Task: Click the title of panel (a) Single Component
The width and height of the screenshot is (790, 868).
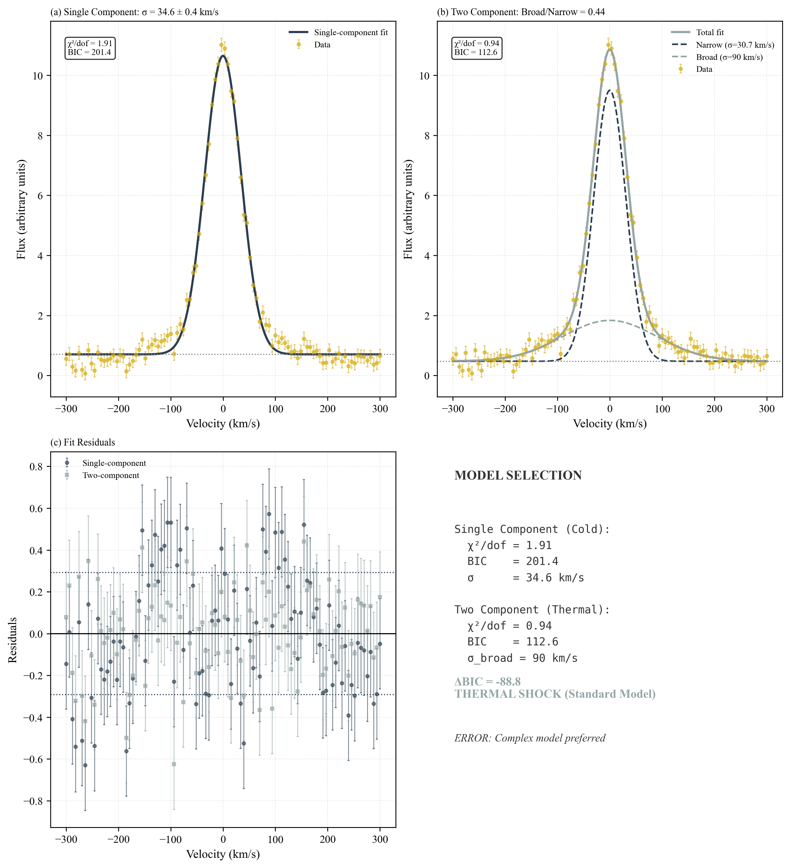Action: tap(134, 12)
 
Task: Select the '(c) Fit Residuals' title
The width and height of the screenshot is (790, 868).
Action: tap(83, 443)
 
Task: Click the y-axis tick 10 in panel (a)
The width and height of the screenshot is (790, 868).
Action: tap(38, 76)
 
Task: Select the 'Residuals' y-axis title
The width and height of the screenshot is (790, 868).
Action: tap(13, 640)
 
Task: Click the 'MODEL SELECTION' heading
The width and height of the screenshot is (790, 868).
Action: tap(518, 475)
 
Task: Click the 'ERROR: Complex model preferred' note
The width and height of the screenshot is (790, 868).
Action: tap(530, 738)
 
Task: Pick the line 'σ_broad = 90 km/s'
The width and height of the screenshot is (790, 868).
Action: tap(522, 658)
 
